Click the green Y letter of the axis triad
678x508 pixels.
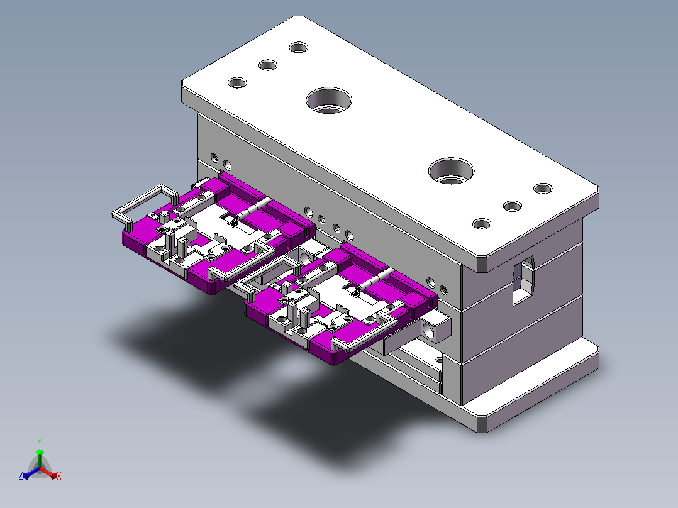(x=40, y=442)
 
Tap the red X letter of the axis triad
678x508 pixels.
(x=59, y=476)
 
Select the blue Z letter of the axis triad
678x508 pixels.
(x=21, y=476)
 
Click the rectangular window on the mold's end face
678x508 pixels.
(x=523, y=280)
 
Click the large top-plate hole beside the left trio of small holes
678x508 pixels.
(x=328, y=101)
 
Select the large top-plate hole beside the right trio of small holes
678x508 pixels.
(x=451, y=171)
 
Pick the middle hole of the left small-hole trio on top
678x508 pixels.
(x=268, y=65)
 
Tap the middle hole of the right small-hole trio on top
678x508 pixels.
(x=513, y=206)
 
